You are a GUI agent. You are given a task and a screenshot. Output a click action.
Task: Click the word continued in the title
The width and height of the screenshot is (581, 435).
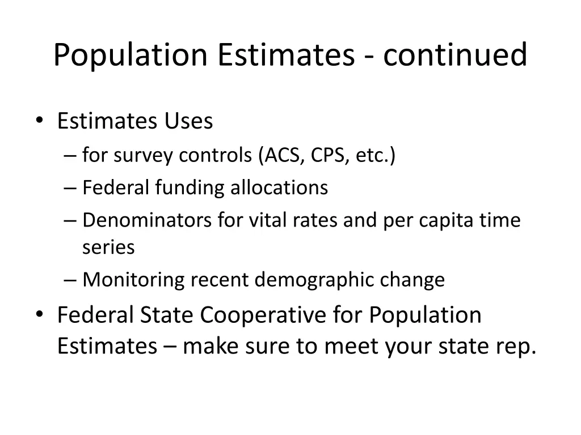[455, 55]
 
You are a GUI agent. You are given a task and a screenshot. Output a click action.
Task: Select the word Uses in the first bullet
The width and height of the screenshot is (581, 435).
[188, 121]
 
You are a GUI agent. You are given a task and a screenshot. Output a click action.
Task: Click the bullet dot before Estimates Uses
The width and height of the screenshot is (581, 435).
[39, 120]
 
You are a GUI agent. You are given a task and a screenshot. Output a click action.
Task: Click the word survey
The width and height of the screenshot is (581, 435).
[143, 155]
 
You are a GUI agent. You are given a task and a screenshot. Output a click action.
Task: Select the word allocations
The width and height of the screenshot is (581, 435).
[279, 187]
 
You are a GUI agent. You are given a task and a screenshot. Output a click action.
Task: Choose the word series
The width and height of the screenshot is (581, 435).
[108, 247]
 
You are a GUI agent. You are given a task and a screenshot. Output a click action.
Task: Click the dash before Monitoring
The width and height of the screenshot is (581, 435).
[71, 280]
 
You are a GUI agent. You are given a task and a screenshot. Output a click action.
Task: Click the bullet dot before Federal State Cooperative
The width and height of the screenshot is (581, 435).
[39, 315]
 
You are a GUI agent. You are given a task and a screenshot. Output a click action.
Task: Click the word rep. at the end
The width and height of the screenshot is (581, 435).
[516, 346]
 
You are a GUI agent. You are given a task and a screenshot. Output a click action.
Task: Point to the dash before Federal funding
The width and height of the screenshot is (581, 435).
[71, 188]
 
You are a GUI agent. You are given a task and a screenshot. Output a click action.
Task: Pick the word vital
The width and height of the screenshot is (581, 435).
[268, 220]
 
